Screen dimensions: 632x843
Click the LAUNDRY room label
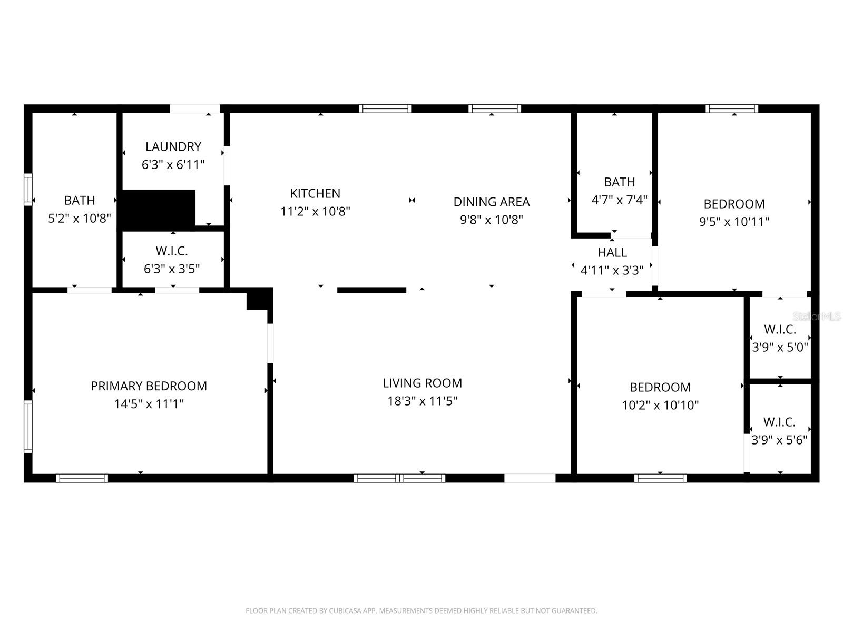pyautogui.click(x=173, y=146)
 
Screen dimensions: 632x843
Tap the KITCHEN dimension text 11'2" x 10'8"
pyautogui.click(x=315, y=211)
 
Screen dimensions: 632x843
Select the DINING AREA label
pyautogui.click(x=491, y=202)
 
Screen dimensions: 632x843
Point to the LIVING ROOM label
pyautogui.click(x=422, y=383)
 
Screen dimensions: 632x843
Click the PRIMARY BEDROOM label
pyautogui.click(x=149, y=386)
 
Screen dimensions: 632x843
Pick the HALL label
pyautogui.click(x=612, y=252)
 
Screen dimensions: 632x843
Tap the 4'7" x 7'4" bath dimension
pyautogui.click(x=619, y=200)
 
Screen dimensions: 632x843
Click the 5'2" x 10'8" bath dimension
pyautogui.click(x=80, y=218)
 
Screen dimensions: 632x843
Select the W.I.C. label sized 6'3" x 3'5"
pyautogui.click(x=172, y=251)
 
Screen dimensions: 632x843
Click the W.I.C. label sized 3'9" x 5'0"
pyautogui.click(x=780, y=330)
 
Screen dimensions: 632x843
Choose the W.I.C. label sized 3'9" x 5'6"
pyautogui.click(x=779, y=422)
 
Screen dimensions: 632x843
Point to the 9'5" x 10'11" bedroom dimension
pyautogui.click(x=734, y=222)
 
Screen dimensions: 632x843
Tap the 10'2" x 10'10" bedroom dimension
pyautogui.click(x=660, y=405)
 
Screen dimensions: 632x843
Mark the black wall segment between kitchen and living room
pyautogui.click(x=371, y=290)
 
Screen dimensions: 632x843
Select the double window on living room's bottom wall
pyautogui.click(x=399, y=478)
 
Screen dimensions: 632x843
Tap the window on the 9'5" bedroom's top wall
pyautogui.click(x=732, y=109)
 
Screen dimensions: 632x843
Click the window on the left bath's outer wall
pyautogui.click(x=28, y=190)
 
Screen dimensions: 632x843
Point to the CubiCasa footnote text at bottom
pyautogui.click(x=421, y=611)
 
